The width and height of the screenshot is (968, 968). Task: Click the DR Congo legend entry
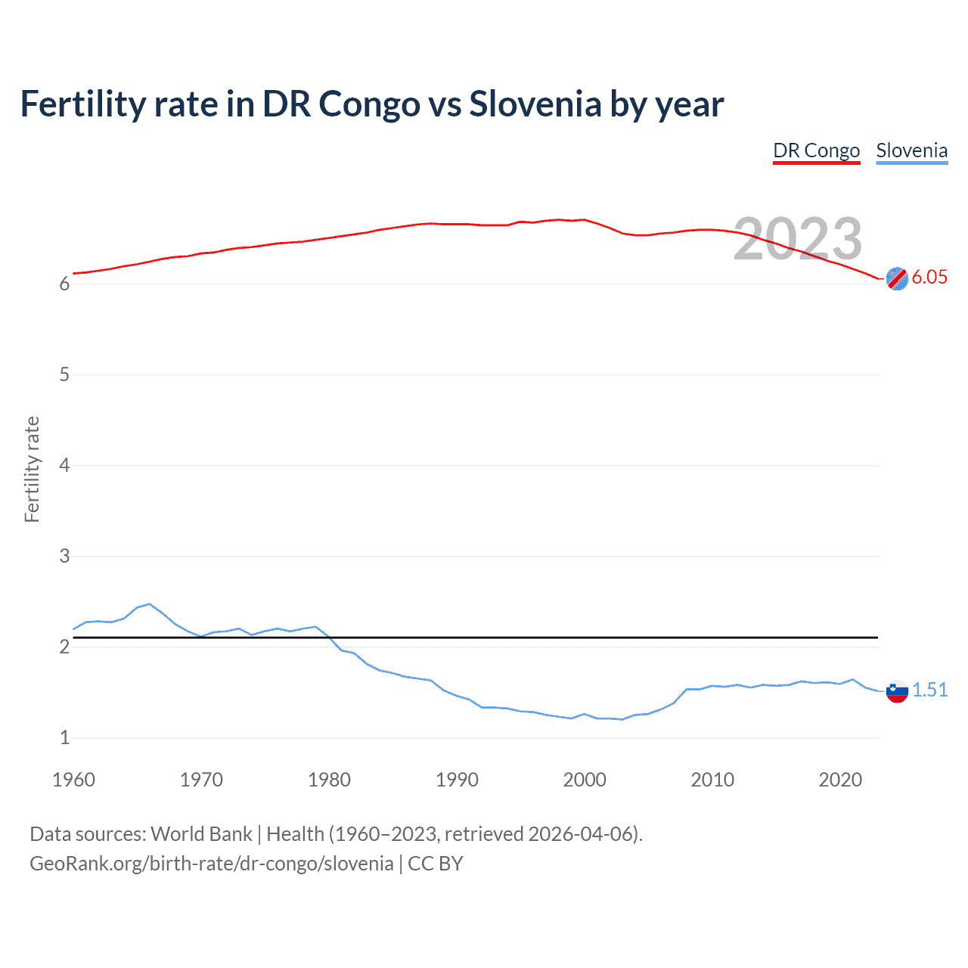click(816, 150)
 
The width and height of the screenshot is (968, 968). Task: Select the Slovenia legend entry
click(911, 150)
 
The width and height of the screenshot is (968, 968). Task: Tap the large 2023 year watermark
click(797, 239)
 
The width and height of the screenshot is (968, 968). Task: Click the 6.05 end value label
click(929, 277)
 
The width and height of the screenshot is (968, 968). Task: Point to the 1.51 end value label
click(929, 690)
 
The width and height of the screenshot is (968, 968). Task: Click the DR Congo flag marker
click(896, 278)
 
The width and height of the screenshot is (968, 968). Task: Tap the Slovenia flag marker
click(896, 690)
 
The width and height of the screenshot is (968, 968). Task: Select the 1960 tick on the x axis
click(73, 780)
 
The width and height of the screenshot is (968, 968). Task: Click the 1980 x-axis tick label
click(329, 780)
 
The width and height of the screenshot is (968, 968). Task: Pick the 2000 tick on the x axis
click(585, 780)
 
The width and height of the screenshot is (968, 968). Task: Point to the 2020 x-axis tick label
click(840, 780)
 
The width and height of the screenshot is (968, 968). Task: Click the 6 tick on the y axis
click(64, 284)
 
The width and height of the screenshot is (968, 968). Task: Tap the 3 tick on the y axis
click(64, 556)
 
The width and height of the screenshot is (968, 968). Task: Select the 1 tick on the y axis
click(64, 737)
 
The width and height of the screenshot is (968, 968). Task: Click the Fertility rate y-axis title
click(32, 469)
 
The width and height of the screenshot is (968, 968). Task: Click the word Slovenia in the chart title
click(535, 104)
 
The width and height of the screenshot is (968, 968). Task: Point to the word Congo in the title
click(369, 104)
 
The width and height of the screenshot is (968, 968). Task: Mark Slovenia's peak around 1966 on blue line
click(149, 604)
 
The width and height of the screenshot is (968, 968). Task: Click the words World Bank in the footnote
click(201, 833)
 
